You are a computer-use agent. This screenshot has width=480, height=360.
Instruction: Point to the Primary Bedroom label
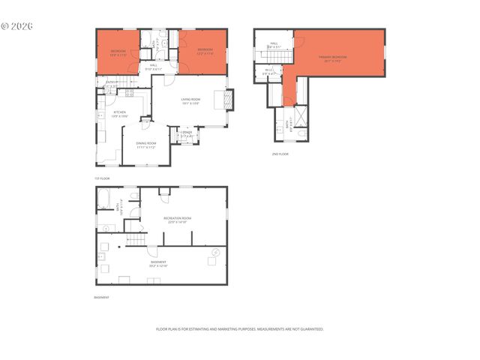tap(334, 58)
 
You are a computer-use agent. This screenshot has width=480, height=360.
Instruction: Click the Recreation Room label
tap(179, 219)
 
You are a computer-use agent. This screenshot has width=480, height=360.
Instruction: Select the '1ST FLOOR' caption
tap(102, 178)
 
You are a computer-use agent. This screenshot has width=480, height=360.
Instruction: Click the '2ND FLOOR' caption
tap(280, 154)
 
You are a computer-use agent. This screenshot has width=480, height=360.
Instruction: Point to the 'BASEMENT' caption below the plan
tap(101, 298)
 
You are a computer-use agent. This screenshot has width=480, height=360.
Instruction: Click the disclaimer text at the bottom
tap(239, 328)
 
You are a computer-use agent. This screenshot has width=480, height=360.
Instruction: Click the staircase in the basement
tap(135, 241)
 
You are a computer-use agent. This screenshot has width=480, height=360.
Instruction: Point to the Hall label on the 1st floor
tap(153, 67)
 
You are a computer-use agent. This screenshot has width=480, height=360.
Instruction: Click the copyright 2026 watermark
tap(17, 25)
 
